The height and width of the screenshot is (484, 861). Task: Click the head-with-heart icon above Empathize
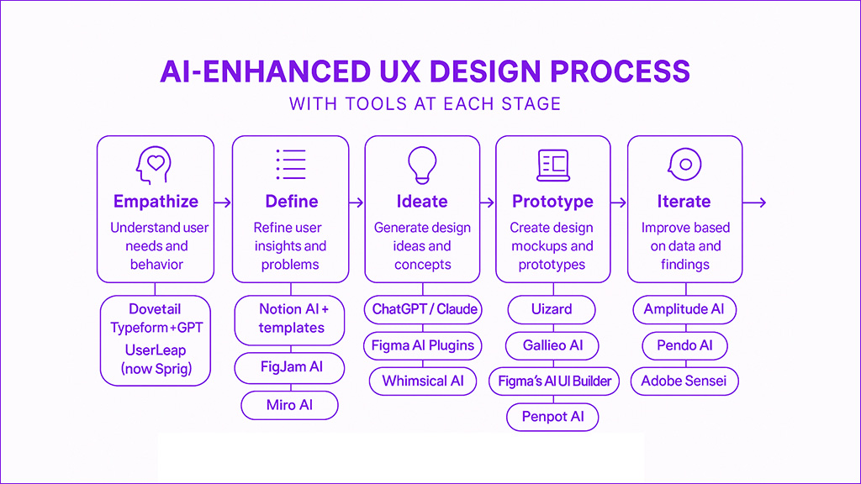(155, 165)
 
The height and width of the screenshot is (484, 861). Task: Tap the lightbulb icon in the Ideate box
(422, 165)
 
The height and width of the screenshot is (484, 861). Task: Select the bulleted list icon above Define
(290, 164)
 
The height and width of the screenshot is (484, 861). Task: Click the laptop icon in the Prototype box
(553, 165)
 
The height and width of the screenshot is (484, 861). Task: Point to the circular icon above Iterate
(684, 164)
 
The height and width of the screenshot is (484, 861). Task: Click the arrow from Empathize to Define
(223, 203)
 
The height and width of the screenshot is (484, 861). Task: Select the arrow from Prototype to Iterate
(619, 203)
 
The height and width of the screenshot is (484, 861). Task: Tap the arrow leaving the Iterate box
(754, 203)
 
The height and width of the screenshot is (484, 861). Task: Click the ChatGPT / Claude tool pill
(424, 309)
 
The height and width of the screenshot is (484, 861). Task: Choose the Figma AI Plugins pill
(423, 345)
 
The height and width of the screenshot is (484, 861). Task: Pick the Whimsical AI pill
(423, 381)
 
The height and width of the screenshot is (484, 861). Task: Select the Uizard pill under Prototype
(552, 309)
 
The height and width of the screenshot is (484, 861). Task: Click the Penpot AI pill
(552, 417)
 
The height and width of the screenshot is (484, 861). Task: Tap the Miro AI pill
(289, 406)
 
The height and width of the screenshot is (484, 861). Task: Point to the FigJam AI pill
(290, 367)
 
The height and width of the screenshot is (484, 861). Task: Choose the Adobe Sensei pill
(684, 381)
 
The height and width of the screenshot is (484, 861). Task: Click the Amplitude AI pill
(684, 309)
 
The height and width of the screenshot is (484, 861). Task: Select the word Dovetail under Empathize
(155, 309)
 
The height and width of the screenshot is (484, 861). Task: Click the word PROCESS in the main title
(620, 72)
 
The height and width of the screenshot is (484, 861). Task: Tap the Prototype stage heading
(552, 202)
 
